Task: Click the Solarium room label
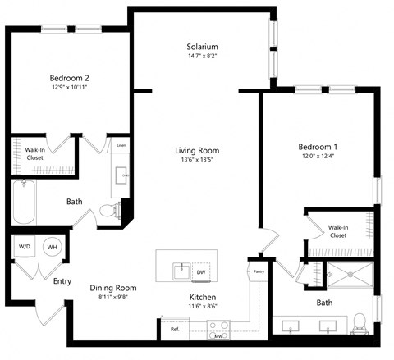tap(202, 47)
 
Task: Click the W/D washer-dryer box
tap(25, 247)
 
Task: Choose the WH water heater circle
tap(51, 247)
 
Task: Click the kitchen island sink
tap(177, 271)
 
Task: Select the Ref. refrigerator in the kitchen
tap(174, 329)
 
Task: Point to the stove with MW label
tap(218, 330)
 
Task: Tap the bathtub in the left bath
tap(23, 203)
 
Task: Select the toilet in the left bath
tap(108, 212)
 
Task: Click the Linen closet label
tap(121, 145)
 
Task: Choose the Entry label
tap(62, 281)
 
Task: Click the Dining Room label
tap(113, 288)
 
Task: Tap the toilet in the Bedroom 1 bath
tap(359, 326)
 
